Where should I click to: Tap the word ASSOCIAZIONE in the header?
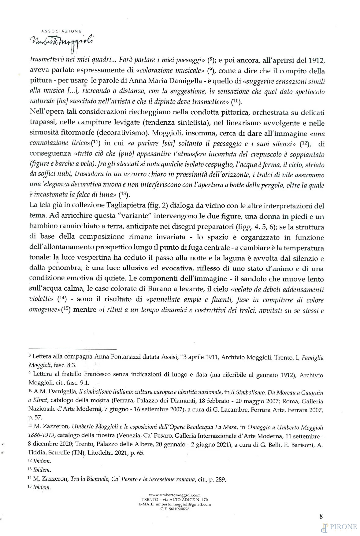[x=61, y=31]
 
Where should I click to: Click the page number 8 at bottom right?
[x=321, y=516]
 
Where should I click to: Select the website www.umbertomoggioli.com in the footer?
[x=175, y=495]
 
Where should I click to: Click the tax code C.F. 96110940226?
[x=175, y=509]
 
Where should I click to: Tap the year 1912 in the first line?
[x=317, y=60]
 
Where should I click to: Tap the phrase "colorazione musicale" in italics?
[x=172, y=71]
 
